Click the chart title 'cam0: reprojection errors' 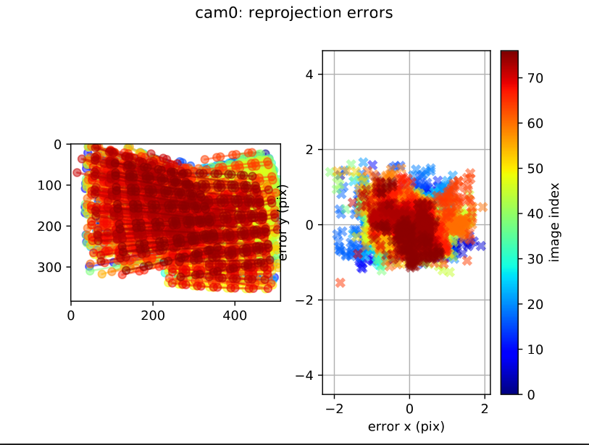[x=294, y=12]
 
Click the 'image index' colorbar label [x=554, y=222]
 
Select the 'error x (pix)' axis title [x=406, y=426]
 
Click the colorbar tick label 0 [x=532, y=394]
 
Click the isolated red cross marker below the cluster [x=340, y=282]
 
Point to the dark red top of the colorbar [x=510, y=54]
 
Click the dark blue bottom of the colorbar [x=510, y=391]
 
